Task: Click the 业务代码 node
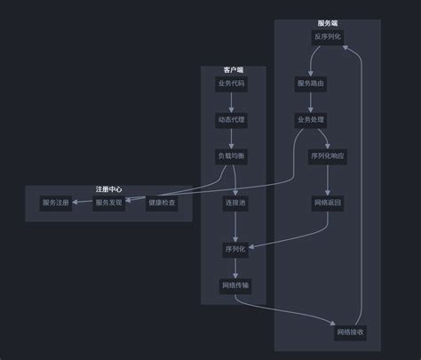pyautogui.click(x=231, y=84)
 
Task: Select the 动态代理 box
pyautogui.click(x=231, y=120)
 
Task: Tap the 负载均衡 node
pyautogui.click(x=231, y=156)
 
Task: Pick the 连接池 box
pyautogui.click(x=235, y=203)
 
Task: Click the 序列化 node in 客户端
pyautogui.click(x=235, y=250)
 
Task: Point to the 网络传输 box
pyautogui.click(x=235, y=286)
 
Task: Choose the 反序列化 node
pyautogui.click(x=328, y=37)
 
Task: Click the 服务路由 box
pyautogui.click(x=311, y=84)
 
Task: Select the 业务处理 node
pyautogui.click(x=311, y=120)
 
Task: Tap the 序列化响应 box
pyautogui.click(x=328, y=156)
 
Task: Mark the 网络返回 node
pyautogui.click(x=328, y=203)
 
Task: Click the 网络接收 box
pyautogui.click(x=350, y=332)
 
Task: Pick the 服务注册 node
pyautogui.click(x=56, y=203)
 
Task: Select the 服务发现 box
pyautogui.click(x=108, y=203)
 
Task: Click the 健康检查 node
pyautogui.click(x=162, y=203)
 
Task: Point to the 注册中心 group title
pyautogui.click(x=108, y=189)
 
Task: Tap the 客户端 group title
pyautogui.click(x=234, y=70)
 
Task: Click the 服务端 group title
pyautogui.click(x=328, y=23)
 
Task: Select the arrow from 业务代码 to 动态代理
pyautogui.click(x=231, y=102)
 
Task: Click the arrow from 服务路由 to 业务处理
pyautogui.click(x=311, y=102)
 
